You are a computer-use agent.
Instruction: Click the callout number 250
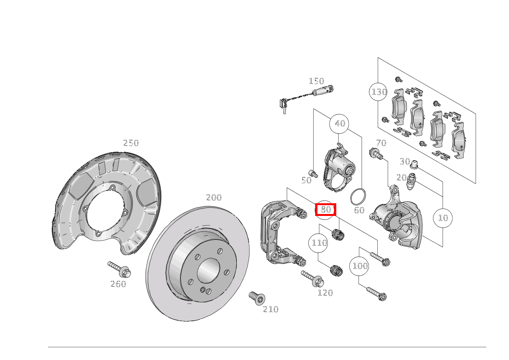coord(131,143)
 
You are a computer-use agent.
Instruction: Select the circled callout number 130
coord(379,92)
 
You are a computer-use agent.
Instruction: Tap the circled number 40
coord(340,123)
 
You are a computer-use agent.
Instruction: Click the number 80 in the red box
coord(326,210)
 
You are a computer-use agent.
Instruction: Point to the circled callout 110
coord(319,243)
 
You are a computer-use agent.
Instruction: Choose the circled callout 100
coord(360,265)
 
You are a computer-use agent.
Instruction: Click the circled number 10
coord(443,218)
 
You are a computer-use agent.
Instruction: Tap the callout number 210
coord(270,309)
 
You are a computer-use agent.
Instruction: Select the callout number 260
coord(118,284)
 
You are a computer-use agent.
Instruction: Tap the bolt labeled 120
coord(312,279)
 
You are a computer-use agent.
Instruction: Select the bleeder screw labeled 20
coord(411,181)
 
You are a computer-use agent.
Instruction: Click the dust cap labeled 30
coord(414,165)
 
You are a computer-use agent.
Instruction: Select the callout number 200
coord(214,197)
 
